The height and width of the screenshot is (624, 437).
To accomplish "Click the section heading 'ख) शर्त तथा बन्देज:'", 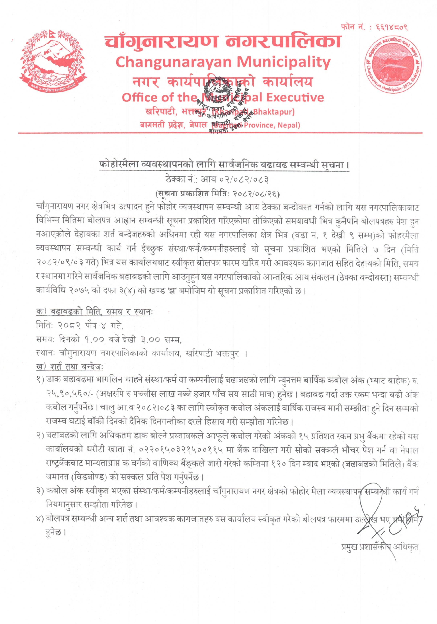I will click(x=69, y=366).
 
